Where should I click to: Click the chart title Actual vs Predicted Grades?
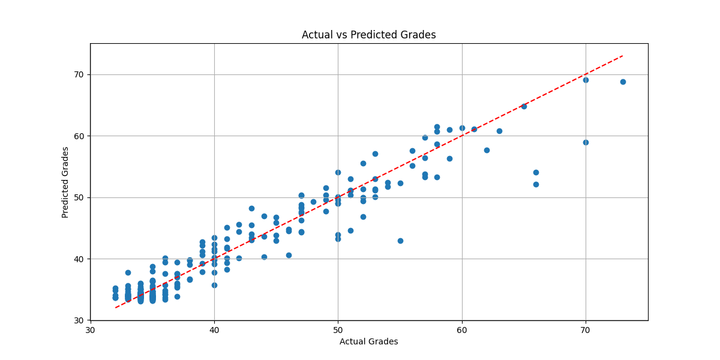click(368, 35)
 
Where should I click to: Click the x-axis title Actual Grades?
click(368, 341)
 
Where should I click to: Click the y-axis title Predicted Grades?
click(65, 182)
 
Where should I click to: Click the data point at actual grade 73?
click(623, 82)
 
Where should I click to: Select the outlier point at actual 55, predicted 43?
click(400, 241)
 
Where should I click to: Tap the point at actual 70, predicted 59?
click(586, 142)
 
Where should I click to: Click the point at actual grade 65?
click(524, 106)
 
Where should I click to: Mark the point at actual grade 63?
click(499, 131)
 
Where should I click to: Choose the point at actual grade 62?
click(487, 150)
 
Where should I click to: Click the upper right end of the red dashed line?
click(623, 56)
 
